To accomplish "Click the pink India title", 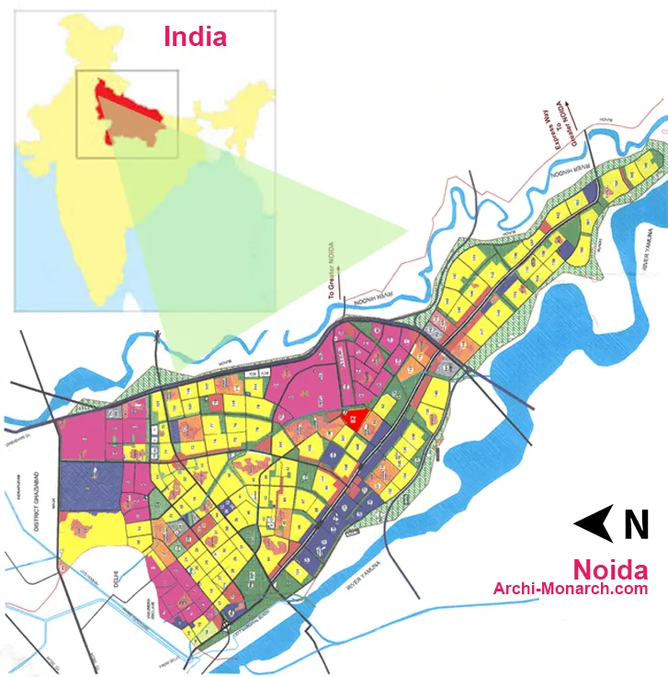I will coord(195,37).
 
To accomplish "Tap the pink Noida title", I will coord(610,568).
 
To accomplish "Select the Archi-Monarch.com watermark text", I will coord(571,589).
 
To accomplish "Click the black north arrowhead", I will coord(594,523).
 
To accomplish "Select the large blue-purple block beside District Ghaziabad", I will coord(90,486).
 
